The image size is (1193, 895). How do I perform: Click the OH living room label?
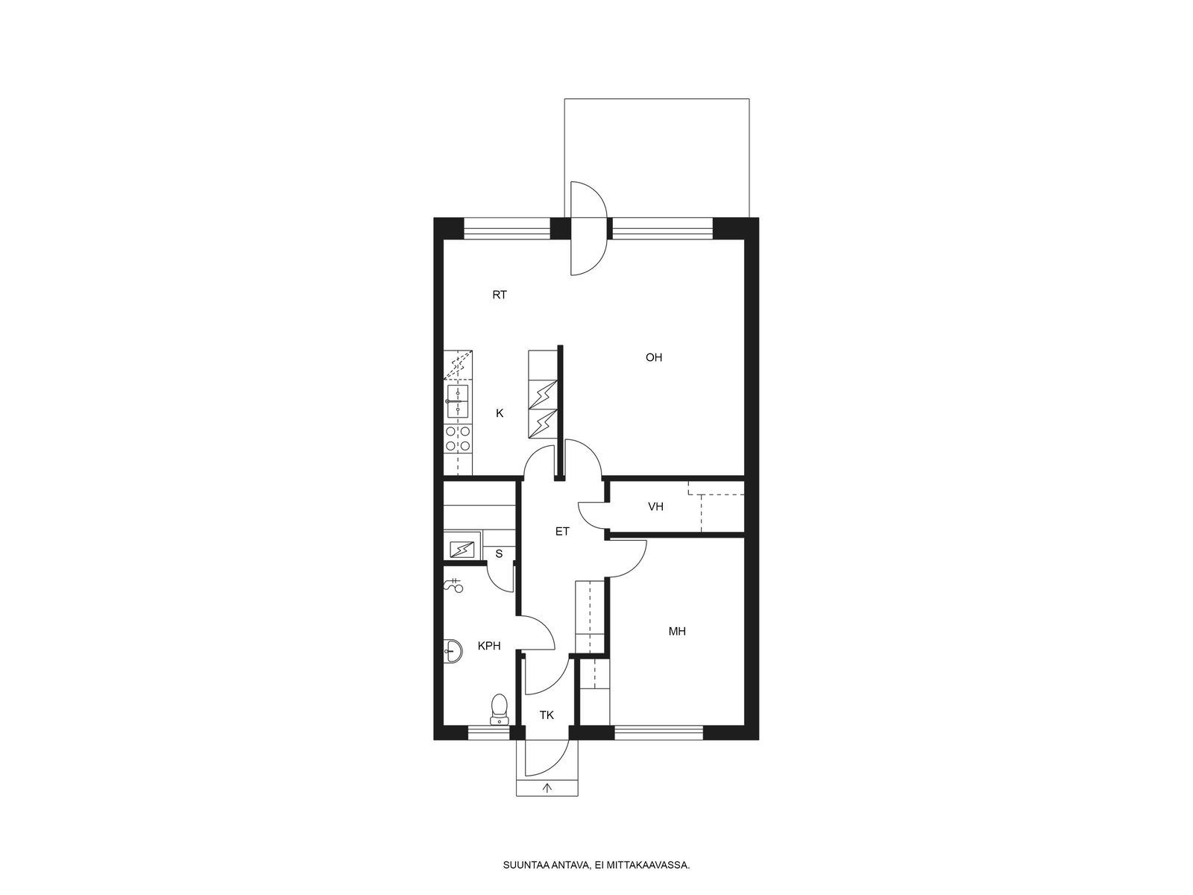[653, 357]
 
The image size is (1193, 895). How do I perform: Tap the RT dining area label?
[500, 295]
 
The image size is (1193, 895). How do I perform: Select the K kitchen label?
[500, 413]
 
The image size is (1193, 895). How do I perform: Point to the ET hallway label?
[562, 532]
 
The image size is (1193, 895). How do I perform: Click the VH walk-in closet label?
[655, 506]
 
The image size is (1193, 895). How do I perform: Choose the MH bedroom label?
[677, 632]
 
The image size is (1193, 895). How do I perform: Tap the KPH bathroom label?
[488, 646]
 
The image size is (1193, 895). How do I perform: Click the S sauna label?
[499, 554]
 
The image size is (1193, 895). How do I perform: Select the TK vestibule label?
[547, 715]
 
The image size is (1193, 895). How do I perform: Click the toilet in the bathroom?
[499, 710]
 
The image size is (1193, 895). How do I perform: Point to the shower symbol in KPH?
[454, 585]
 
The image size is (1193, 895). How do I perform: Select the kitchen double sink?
[458, 401]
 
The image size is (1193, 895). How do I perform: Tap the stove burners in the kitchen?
[458, 439]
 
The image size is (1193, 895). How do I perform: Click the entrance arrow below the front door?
[547, 787]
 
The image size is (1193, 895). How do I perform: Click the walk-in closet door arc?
[590, 514]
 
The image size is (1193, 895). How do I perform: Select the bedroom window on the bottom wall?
[658, 732]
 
